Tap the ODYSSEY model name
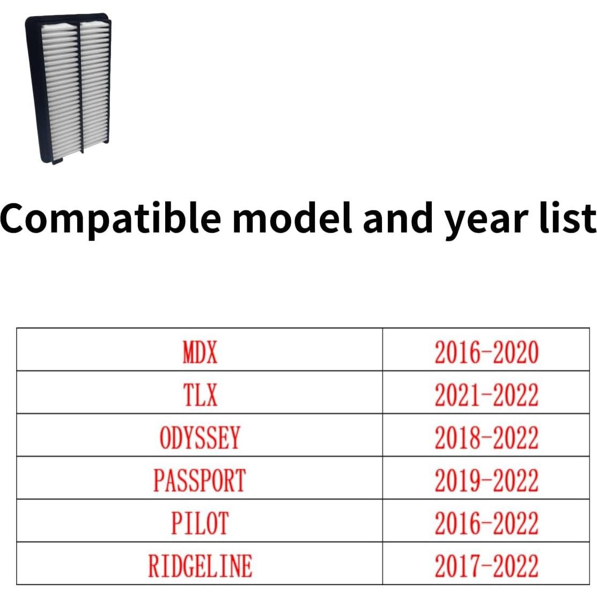click(x=200, y=438)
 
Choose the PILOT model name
click(x=200, y=523)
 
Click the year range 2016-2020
click(x=487, y=352)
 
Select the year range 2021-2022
click(x=487, y=395)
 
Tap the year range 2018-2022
click(x=487, y=438)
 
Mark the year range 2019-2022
click(x=487, y=480)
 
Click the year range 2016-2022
click(x=487, y=523)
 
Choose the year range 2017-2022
click(x=487, y=566)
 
